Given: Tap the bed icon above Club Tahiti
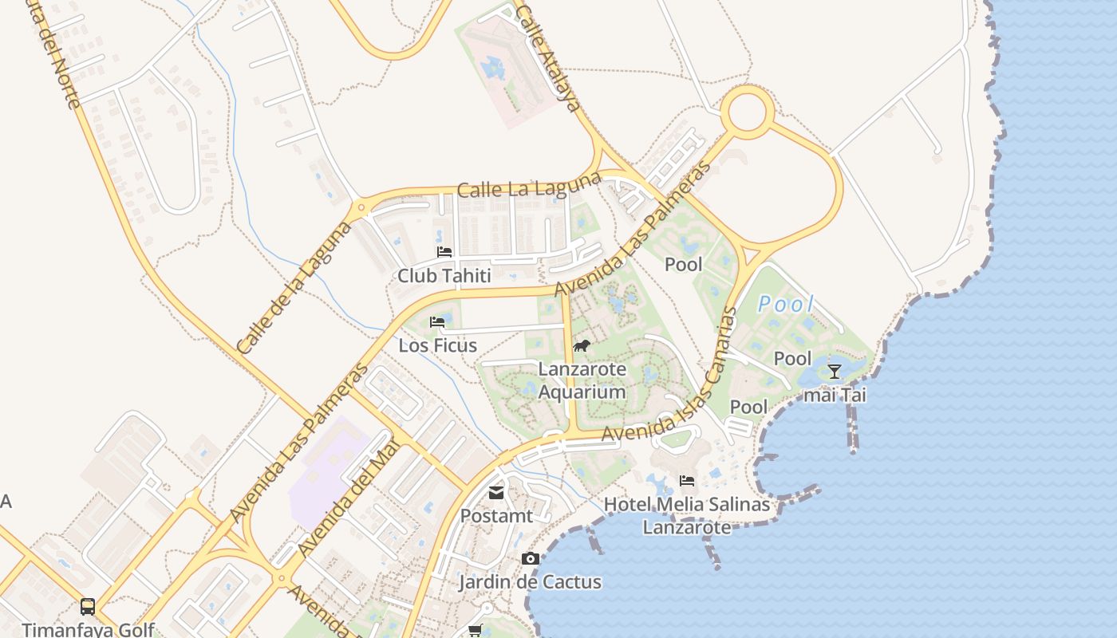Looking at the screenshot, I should coord(444,252).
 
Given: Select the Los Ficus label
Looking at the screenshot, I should coord(438,345).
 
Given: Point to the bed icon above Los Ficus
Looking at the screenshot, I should coord(437,322).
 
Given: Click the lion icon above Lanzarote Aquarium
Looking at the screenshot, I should coord(582,346).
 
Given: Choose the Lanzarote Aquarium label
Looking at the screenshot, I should coord(582,381).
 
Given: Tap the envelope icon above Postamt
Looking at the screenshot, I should coord(496,493).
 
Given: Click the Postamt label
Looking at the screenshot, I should coord(496,516).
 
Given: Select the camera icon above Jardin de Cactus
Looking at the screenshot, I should coord(530,559).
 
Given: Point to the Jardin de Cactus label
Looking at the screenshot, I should coord(530,581).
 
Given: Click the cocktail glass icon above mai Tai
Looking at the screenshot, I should coord(835,371).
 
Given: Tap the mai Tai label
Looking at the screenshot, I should coord(835,394).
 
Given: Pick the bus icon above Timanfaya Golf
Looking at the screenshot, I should coord(88,607).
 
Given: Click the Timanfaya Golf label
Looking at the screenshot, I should coord(88,629).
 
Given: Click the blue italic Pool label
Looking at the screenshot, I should coord(785,304).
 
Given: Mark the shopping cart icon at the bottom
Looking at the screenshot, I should coord(475,631).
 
